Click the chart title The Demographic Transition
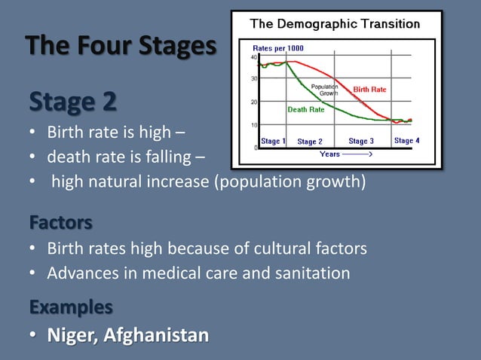click(335, 24)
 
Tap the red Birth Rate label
click(369, 90)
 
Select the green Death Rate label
click(306, 109)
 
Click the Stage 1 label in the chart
click(273, 142)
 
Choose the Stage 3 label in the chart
click(361, 142)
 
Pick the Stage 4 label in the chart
click(408, 141)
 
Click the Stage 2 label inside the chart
click(310, 142)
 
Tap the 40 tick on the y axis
click(254, 56)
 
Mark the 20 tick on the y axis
click(254, 101)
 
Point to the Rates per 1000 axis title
click(279, 48)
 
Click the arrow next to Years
click(357, 154)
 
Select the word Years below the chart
click(329, 154)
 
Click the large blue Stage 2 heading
click(72, 102)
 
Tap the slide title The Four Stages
click(121, 46)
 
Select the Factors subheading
click(61, 223)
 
